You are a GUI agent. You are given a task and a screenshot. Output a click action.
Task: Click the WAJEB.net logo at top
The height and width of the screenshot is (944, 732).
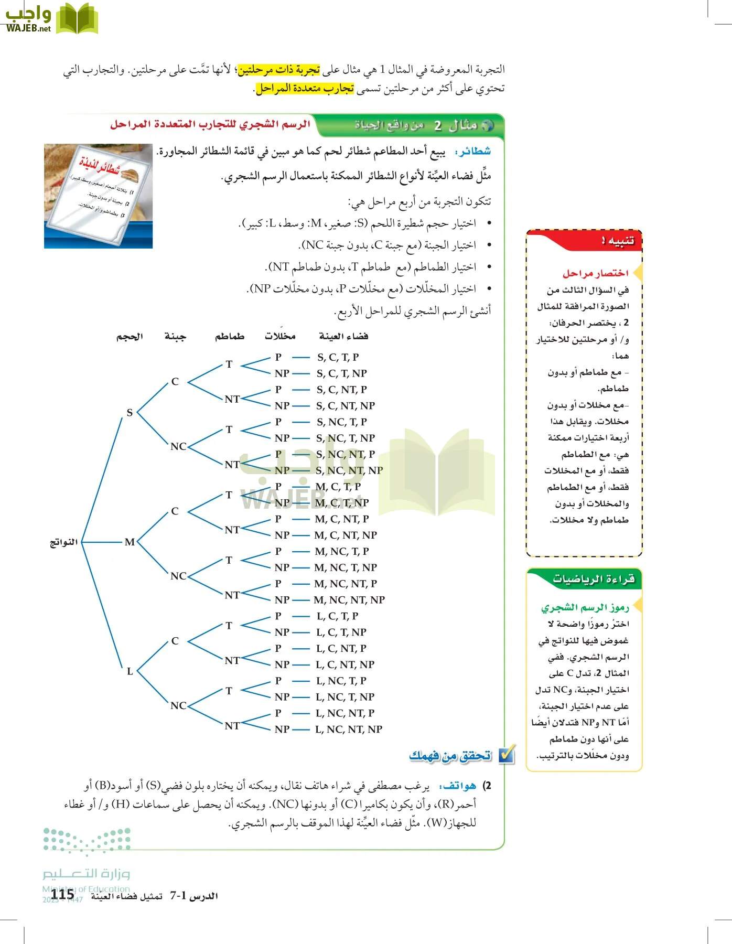point(51,19)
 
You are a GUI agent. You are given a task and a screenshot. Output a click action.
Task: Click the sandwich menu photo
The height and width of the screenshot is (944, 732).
point(98,196)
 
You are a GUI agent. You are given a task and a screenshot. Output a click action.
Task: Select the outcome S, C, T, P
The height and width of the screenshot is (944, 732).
point(338,357)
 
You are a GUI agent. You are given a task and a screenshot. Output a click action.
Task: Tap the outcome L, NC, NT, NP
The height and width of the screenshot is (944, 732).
point(349,729)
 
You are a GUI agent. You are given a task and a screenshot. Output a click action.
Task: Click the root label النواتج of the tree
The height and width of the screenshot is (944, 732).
point(63,542)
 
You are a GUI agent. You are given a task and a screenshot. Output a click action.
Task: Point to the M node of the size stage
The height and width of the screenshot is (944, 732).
point(130,542)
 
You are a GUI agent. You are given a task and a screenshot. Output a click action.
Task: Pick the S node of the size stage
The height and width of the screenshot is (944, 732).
point(130,412)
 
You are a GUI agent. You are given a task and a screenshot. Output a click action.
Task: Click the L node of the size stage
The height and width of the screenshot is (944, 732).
point(130,671)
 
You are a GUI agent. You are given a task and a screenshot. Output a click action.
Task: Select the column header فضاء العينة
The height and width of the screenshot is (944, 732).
point(343,336)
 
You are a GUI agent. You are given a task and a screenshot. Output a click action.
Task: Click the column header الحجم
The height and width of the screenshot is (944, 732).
point(130,336)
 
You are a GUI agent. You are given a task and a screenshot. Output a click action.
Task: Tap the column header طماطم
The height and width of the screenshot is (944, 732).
point(230,336)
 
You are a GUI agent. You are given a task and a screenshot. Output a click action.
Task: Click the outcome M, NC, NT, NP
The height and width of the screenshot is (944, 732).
point(349,599)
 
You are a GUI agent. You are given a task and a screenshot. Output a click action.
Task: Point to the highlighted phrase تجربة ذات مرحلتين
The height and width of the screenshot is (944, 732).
point(278,70)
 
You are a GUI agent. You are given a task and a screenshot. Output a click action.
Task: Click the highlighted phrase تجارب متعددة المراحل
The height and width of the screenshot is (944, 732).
point(305,89)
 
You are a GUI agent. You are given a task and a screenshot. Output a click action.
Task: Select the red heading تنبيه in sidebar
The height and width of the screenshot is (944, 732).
point(618,241)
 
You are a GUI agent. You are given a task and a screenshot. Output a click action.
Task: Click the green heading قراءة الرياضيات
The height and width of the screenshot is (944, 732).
point(594,579)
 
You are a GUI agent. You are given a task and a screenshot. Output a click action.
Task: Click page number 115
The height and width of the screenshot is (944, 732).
point(62,894)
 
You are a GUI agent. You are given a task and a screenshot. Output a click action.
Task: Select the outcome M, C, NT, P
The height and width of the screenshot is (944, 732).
point(341,519)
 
